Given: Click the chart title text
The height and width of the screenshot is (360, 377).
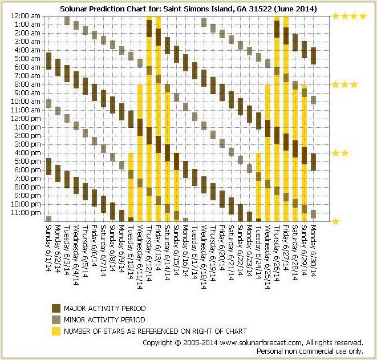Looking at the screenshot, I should tap(188, 10).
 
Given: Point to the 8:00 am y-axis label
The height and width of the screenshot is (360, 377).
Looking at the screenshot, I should tap(27, 84).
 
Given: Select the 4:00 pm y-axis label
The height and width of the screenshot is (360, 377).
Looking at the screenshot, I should tap(27, 153).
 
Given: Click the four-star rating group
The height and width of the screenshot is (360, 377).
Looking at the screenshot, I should tap(349, 17).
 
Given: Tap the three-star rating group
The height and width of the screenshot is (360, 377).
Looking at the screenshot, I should tap(345, 85).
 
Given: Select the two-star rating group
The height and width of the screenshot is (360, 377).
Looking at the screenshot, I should tap(340, 153).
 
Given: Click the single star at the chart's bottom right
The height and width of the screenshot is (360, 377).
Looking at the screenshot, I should tap(336, 221).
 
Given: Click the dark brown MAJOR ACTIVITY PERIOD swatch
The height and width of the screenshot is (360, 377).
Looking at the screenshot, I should tap(56, 309).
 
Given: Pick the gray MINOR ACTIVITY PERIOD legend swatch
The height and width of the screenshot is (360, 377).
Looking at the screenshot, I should tap(56, 320).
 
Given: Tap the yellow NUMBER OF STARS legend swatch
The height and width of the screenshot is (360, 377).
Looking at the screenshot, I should tap(56, 331).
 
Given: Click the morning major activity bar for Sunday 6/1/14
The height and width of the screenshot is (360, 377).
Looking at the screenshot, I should tap(48, 61).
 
